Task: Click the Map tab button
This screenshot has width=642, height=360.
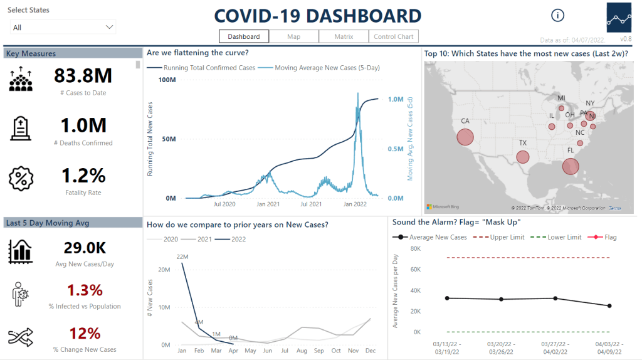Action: coord(293,36)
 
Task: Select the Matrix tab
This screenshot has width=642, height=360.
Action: coord(344,36)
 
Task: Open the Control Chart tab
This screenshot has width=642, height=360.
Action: coord(393,36)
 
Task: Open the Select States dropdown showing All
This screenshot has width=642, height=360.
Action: coord(63,27)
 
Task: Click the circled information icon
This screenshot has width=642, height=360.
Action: coord(558,16)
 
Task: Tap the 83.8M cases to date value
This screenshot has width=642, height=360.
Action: coord(83,76)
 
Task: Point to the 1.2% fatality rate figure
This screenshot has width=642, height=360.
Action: coord(83,176)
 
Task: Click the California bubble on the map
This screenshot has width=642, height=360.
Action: coord(465,137)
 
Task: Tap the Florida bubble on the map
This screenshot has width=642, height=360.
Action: coord(571,166)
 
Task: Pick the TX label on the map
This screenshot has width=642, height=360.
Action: coord(523,143)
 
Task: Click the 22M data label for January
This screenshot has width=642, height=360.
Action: coord(182,257)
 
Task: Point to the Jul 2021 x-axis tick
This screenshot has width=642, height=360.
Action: coord(311,204)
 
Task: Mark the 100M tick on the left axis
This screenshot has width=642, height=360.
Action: coord(167,80)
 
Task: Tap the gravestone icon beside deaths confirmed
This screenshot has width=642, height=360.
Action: coord(21,128)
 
